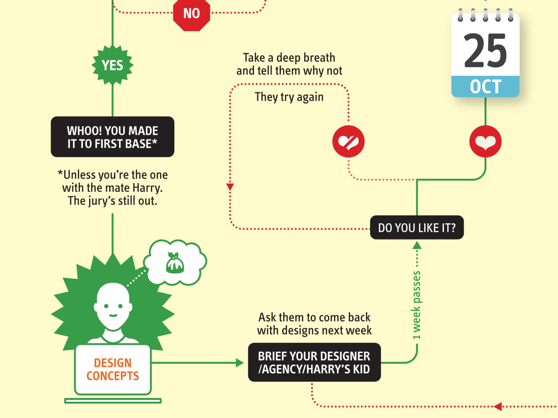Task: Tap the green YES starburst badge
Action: (x=113, y=65)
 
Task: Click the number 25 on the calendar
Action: (x=485, y=51)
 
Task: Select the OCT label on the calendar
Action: (x=485, y=87)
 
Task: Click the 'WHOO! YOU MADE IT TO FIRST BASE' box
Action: (x=113, y=137)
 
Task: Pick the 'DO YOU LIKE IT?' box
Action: (x=417, y=228)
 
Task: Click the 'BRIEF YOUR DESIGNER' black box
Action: (x=314, y=363)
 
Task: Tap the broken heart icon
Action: (x=348, y=141)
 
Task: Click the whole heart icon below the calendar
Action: (x=485, y=141)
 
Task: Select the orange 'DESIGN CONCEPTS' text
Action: (x=113, y=369)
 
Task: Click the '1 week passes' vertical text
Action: (x=417, y=304)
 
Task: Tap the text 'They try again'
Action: (x=289, y=98)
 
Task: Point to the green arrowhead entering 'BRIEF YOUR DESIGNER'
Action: (x=240, y=363)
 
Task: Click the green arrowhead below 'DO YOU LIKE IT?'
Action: (x=417, y=245)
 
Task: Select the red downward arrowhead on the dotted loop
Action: (x=230, y=187)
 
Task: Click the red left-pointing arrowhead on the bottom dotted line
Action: (x=498, y=406)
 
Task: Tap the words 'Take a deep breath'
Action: (x=289, y=58)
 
